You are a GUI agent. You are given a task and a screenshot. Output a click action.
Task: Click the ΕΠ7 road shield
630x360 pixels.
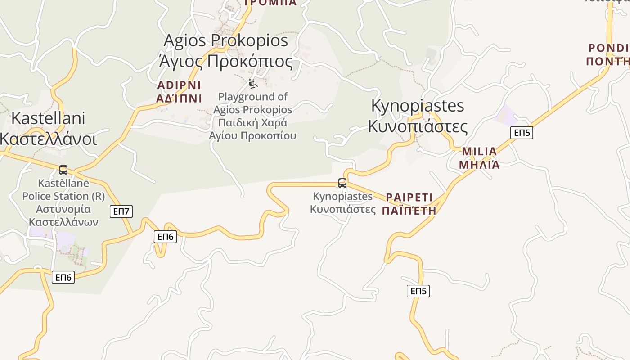121,211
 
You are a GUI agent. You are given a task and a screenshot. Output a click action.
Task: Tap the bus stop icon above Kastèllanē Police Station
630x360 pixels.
63,170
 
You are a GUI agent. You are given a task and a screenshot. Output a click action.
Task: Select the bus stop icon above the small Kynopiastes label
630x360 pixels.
342,183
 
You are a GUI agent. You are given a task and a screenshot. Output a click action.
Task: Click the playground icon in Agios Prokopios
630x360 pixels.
253,84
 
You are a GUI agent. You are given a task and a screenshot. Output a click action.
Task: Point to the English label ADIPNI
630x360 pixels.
179,85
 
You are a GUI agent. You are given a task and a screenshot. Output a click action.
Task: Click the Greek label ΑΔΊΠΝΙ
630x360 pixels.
179,98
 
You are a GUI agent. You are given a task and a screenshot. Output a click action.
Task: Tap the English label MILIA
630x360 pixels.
479,151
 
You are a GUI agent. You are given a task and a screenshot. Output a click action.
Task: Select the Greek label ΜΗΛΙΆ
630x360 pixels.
479,164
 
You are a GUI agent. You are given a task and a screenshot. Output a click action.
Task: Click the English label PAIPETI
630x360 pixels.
409,197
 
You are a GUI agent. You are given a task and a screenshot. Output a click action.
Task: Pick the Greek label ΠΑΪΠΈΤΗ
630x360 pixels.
409,210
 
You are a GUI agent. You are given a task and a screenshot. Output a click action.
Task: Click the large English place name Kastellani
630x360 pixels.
48,118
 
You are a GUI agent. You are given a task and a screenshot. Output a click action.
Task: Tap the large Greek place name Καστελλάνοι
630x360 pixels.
48,139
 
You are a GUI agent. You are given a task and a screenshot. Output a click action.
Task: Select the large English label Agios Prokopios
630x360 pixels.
225,40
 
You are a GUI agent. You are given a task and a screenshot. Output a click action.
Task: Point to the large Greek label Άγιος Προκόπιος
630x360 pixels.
225,61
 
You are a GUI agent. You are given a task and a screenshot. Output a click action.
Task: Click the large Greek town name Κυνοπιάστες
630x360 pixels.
418,126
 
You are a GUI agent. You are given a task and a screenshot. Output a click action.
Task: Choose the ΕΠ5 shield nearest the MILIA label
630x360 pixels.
522,133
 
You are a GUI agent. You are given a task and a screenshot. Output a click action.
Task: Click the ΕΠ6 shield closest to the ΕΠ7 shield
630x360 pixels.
165,236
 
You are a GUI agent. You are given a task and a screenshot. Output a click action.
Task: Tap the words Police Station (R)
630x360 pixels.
63,196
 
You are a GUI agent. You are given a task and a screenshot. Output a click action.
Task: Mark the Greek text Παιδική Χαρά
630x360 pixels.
252,123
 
